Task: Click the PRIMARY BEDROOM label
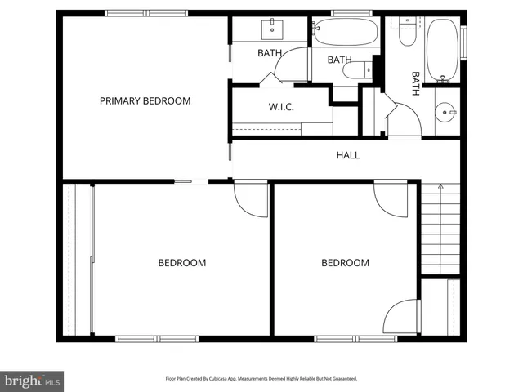click(x=145, y=101)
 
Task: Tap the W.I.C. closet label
click(x=281, y=108)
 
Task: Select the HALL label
click(x=347, y=155)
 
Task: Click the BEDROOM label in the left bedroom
click(x=181, y=263)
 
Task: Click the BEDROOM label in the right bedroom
click(x=345, y=263)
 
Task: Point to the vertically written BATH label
click(x=415, y=84)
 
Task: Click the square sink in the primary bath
click(x=271, y=30)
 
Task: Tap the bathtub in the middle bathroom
click(x=345, y=33)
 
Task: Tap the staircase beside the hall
click(x=440, y=229)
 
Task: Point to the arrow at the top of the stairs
click(x=440, y=188)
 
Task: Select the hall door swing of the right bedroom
click(x=391, y=199)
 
